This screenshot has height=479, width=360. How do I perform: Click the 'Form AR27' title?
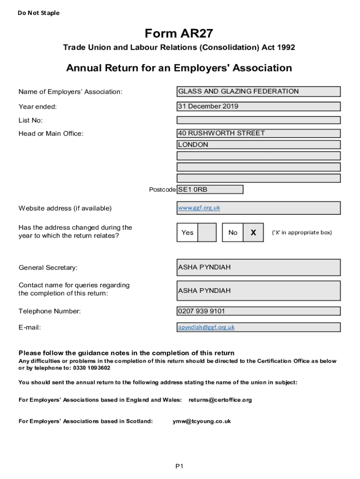(179, 34)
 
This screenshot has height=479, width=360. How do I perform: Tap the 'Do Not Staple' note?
(39, 13)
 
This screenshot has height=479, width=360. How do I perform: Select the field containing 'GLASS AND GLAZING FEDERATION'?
(258, 92)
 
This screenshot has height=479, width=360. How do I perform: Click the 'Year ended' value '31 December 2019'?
(258, 107)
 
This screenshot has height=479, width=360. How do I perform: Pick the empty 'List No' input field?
(258, 120)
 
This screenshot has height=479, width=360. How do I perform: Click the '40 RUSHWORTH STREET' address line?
(258, 133)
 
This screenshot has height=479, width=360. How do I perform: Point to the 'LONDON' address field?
(258, 145)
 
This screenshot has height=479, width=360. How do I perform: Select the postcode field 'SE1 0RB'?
(210, 189)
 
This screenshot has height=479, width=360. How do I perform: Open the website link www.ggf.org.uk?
(199, 208)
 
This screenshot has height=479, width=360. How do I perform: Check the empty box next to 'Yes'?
(207, 232)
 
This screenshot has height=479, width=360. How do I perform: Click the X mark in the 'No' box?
(253, 232)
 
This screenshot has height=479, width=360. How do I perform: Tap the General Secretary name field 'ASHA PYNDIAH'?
(258, 268)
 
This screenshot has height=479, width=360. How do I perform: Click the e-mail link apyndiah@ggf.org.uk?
(206, 327)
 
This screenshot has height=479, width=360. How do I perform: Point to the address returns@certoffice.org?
(220, 400)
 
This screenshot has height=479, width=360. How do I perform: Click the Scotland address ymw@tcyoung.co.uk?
(202, 421)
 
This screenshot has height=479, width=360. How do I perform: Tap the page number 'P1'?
(180, 466)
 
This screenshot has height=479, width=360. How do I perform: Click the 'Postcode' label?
(162, 189)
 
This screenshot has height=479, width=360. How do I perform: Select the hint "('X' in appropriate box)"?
(302, 232)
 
